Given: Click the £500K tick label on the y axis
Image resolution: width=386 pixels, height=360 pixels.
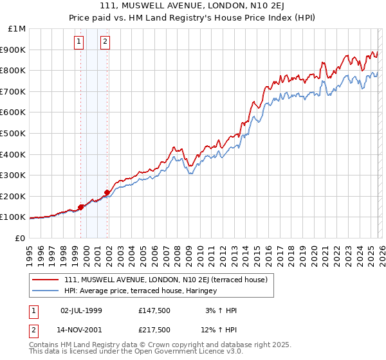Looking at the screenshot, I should tap(13, 133).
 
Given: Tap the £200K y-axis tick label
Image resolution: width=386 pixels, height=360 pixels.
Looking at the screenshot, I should tap(13, 196).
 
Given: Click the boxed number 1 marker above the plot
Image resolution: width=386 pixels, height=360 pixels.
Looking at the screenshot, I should tap(78, 43).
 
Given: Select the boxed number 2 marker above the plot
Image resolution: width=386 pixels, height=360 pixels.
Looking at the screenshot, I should tap(105, 43).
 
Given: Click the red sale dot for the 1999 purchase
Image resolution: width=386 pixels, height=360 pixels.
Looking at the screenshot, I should tap(81, 207).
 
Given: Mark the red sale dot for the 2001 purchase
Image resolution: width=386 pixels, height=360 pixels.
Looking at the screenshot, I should tap(107, 192).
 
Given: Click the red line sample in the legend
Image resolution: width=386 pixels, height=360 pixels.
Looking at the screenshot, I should tap(46, 280).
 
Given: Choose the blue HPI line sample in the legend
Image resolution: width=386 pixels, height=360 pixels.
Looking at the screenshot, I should tap(46, 291).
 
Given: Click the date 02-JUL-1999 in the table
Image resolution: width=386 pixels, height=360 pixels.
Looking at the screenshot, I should tap(81, 310).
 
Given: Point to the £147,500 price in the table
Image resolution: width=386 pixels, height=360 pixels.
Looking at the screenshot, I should tap(154, 310).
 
